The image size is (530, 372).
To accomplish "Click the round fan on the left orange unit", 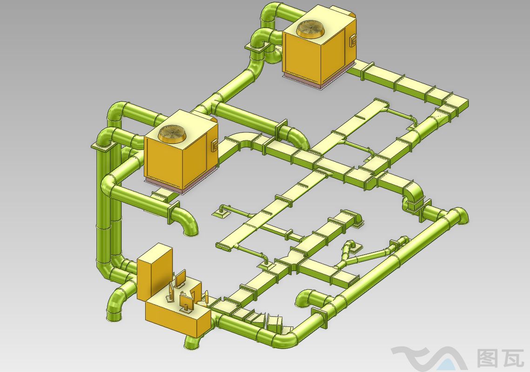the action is point(172,133).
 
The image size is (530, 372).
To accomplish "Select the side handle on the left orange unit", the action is point(215,146).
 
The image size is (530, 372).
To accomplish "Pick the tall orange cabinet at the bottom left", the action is point(154,271).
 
